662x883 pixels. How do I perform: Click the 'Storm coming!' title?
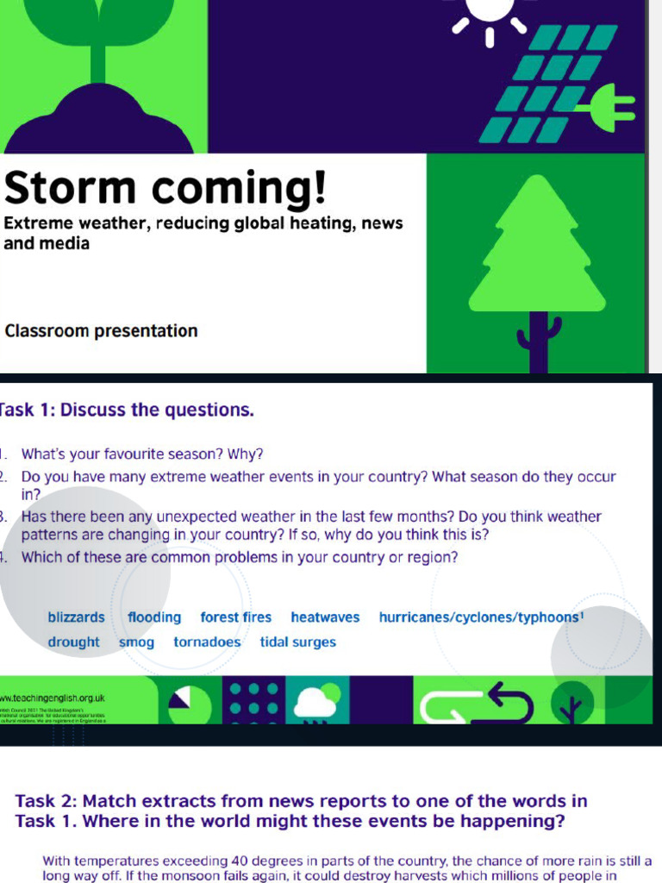(x=165, y=187)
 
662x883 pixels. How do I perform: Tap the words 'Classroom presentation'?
(x=101, y=331)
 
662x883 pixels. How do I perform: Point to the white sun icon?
(x=489, y=12)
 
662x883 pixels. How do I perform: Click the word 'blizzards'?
(x=76, y=617)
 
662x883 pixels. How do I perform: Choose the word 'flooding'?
(x=154, y=617)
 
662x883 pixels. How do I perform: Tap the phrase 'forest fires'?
(x=235, y=617)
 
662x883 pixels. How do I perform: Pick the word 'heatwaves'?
(x=325, y=617)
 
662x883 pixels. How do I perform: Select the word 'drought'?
(x=73, y=642)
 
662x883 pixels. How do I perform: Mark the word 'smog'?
(x=136, y=642)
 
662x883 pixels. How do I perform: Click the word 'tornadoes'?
(x=207, y=642)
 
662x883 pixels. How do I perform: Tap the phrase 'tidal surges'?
(x=297, y=642)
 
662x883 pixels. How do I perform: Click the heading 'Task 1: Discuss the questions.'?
(x=127, y=410)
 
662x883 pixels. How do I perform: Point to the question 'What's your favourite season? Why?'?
(x=142, y=454)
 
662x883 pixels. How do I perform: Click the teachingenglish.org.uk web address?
(x=53, y=698)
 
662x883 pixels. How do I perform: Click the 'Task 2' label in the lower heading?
(x=44, y=801)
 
